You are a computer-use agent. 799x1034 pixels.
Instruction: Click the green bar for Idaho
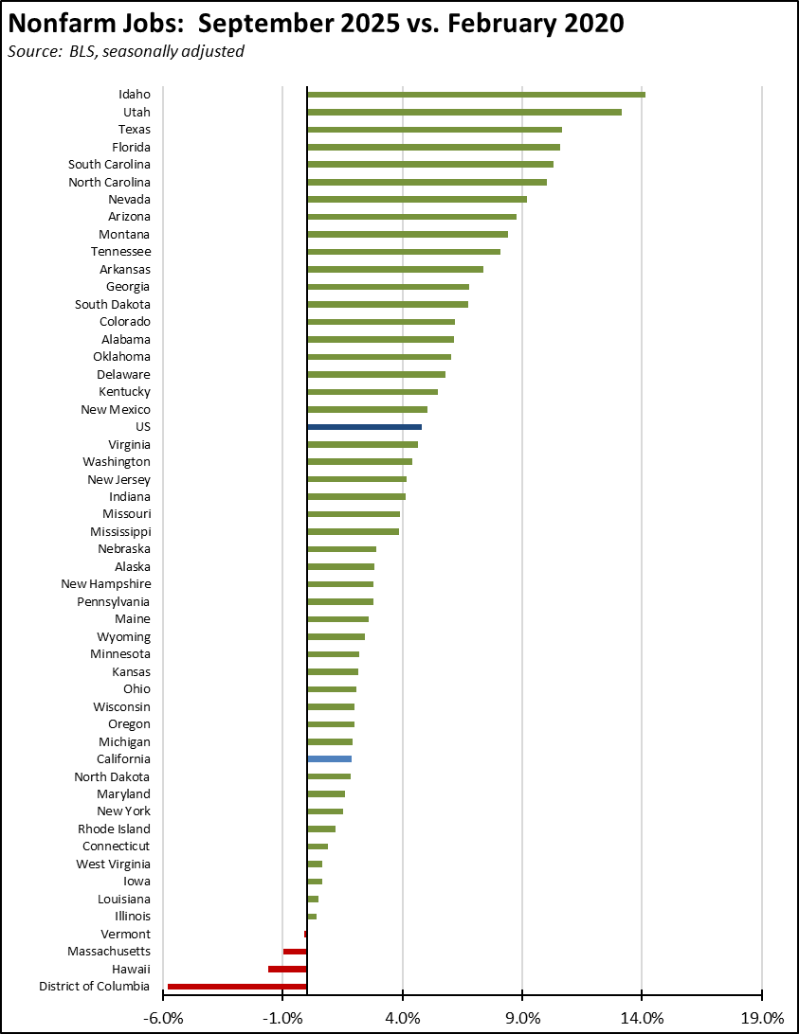[x=476, y=95]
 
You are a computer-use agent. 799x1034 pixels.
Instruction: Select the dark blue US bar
[x=364, y=427]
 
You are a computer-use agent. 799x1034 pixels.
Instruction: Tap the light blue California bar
[x=329, y=759]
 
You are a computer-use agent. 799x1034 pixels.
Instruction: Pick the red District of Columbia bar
[x=237, y=987]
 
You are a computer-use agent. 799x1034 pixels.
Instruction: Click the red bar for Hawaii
[x=287, y=969]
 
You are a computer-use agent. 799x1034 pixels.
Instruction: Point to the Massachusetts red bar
[x=295, y=952]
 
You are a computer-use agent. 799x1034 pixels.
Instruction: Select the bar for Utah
[x=463, y=112]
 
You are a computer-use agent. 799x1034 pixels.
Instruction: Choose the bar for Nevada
[x=416, y=199]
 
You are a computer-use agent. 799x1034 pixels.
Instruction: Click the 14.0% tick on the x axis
[x=642, y=1018]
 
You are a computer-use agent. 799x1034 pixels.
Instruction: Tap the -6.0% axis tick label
[x=163, y=1018]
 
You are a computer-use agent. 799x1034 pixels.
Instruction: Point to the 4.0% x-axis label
[x=403, y=1018]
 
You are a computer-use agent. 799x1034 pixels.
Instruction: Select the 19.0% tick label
[x=762, y=1018]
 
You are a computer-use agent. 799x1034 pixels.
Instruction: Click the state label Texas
[x=134, y=130]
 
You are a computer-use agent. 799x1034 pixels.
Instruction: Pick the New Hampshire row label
[x=105, y=584]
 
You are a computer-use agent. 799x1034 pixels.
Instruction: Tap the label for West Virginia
[x=113, y=864]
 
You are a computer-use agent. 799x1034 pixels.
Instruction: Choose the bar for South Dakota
[x=387, y=304]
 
